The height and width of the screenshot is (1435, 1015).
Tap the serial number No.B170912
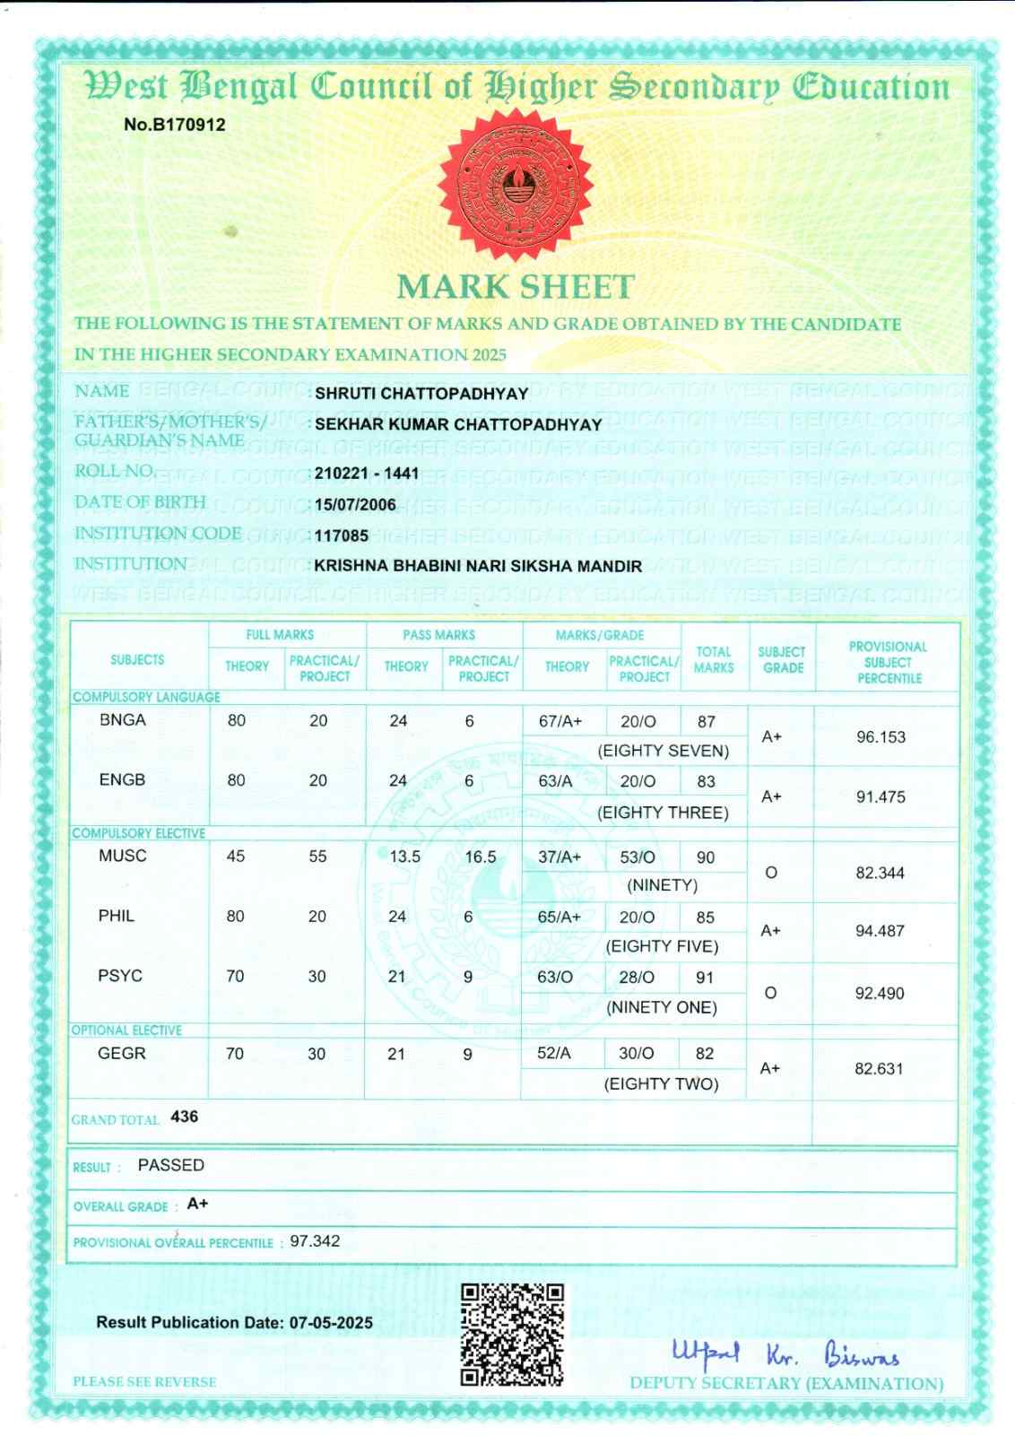point(174,125)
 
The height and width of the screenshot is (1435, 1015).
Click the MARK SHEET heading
point(515,287)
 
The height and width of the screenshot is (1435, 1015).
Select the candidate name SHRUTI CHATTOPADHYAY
point(421,393)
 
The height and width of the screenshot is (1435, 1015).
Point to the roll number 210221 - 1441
point(367,473)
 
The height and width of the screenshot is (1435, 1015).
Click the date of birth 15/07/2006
point(355,504)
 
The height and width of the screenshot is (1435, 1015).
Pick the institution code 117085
point(342,535)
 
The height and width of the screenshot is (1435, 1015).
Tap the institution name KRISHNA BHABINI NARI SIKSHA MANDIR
point(478,566)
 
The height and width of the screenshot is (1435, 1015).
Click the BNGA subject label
point(123,719)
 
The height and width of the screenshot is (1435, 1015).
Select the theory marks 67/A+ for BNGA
point(560,721)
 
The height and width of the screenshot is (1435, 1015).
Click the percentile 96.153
point(881,737)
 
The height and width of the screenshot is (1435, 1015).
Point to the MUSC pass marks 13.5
point(404,857)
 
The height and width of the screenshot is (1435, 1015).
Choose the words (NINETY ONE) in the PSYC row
point(662,1007)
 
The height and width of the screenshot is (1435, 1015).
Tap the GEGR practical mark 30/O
point(636,1054)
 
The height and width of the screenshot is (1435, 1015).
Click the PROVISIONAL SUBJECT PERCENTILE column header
point(888,662)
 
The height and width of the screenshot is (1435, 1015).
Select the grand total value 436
point(184,1117)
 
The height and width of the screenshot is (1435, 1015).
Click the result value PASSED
point(170,1165)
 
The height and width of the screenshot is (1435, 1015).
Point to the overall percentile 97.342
point(315,1241)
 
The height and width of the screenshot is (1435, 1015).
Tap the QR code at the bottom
point(512,1335)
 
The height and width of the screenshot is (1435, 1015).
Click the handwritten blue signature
point(785,1352)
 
